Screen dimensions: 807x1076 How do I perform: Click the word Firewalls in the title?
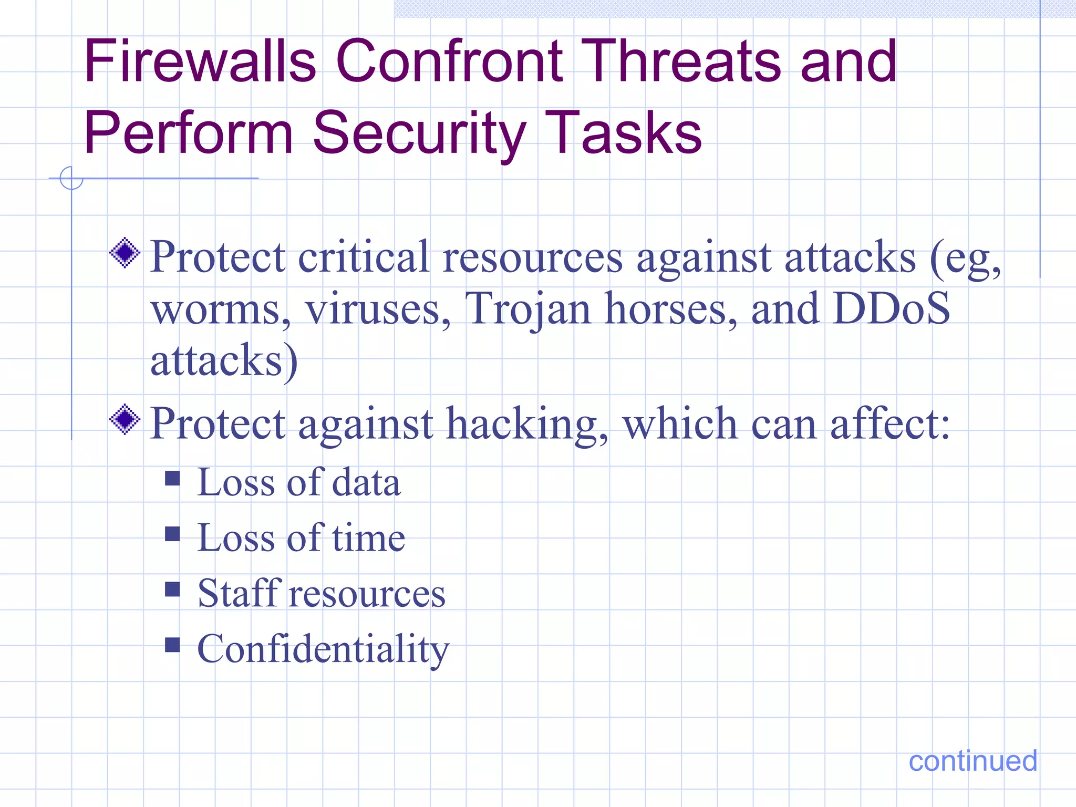coord(200,61)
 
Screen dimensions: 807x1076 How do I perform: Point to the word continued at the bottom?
coord(972,761)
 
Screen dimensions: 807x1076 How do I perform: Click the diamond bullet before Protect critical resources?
coord(125,253)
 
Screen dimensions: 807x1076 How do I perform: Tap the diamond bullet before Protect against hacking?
coord(125,419)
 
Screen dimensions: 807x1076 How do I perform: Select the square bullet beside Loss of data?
coord(172,478)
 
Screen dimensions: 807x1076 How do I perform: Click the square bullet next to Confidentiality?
coord(172,645)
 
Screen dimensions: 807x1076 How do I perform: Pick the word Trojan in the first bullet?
coord(528,309)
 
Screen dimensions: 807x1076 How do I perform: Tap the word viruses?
coord(378,309)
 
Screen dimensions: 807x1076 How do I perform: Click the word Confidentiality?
coord(323,649)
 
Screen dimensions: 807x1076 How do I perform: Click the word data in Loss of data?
coord(366,482)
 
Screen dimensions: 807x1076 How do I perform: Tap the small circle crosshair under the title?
coord(71,178)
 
